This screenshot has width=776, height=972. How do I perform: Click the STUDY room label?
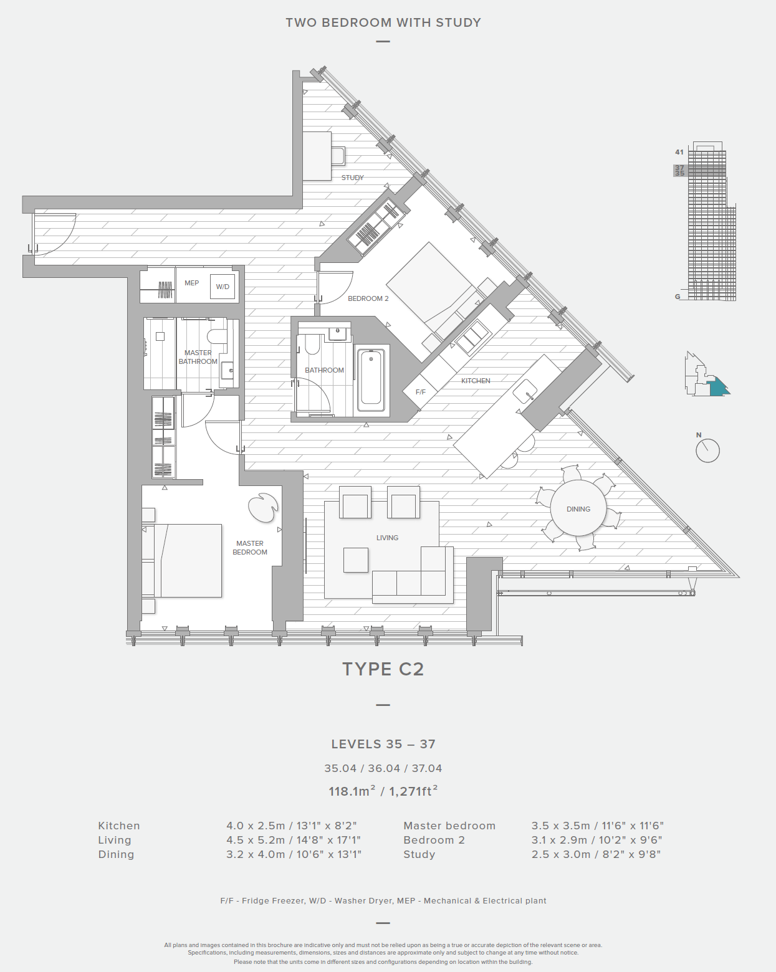(x=353, y=178)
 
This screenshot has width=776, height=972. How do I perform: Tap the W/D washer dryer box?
(x=223, y=287)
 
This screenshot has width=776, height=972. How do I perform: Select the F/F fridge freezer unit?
(x=420, y=391)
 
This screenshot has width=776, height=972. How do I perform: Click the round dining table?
(x=578, y=508)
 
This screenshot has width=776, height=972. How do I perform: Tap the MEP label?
(x=191, y=283)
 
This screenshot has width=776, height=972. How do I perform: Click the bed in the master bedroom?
(x=181, y=561)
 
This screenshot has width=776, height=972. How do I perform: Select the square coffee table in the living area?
(x=356, y=560)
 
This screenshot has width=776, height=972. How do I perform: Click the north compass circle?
(x=708, y=450)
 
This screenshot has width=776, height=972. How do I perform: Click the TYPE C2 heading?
(x=383, y=669)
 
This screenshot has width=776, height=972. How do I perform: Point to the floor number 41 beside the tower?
(x=679, y=152)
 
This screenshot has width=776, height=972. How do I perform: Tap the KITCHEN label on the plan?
(x=476, y=381)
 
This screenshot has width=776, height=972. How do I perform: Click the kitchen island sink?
(x=525, y=391)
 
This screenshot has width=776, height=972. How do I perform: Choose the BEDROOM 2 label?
(x=368, y=298)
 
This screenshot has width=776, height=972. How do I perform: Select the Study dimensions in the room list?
(x=596, y=854)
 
